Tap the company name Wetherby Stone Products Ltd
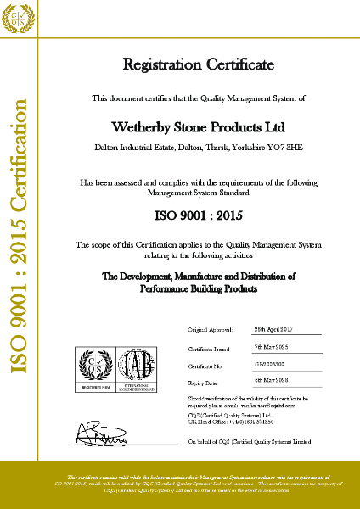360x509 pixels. pos(198,127)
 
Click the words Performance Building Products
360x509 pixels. pos(198,288)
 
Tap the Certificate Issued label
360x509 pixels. pos(209,347)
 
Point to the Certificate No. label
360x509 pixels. pos(205,366)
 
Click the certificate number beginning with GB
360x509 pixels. pos(270,366)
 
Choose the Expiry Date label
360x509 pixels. pos(203,384)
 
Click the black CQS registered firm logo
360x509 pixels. pos(94,367)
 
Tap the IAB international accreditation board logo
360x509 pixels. pos(139,367)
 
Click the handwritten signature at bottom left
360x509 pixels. pos(101,438)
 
